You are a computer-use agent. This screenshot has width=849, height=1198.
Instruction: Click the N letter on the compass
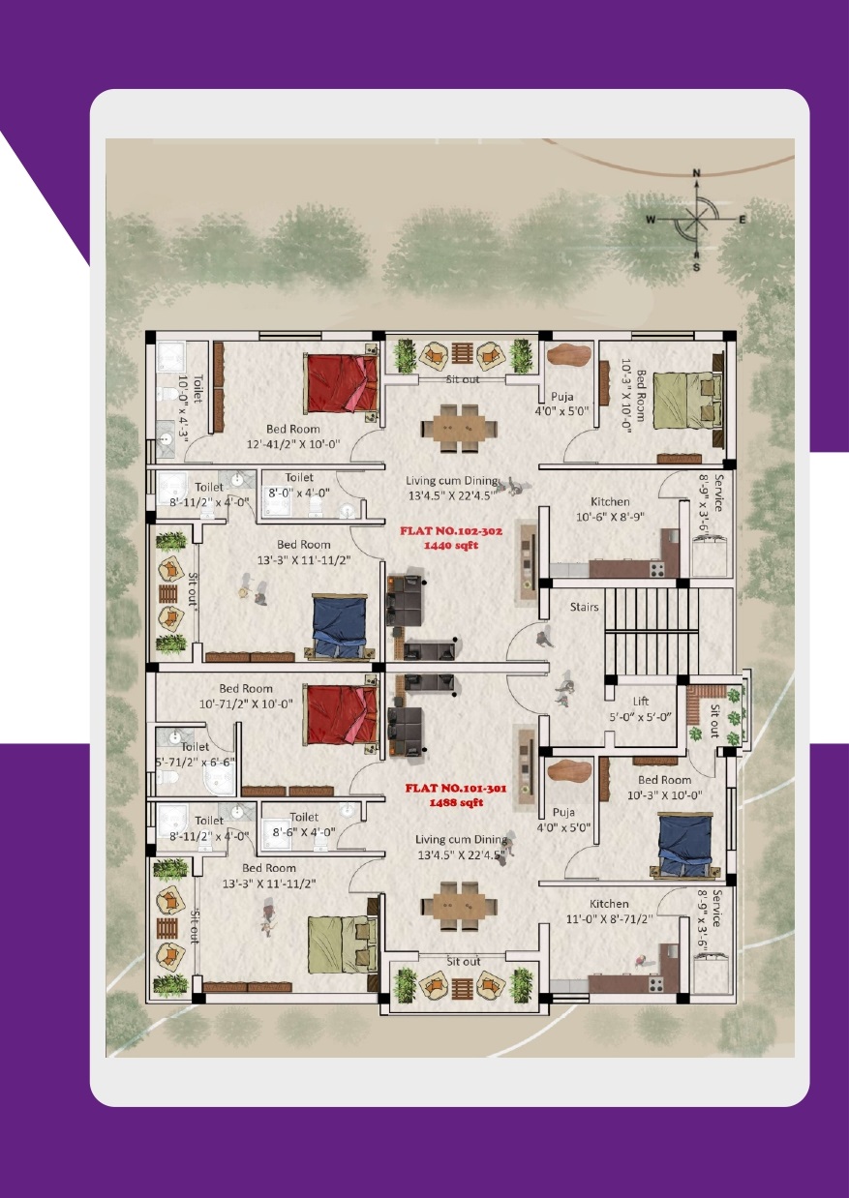[x=696, y=173]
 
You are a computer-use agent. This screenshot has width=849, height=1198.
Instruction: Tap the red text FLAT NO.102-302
[x=451, y=531]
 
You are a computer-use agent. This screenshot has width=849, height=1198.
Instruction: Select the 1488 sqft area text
[x=456, y=802]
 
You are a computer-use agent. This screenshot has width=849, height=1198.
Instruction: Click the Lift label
[x=640, y=702]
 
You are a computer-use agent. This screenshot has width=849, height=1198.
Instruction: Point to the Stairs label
[x=584, y=607]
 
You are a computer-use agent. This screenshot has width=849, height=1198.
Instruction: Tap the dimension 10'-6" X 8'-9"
[x=610, y=517]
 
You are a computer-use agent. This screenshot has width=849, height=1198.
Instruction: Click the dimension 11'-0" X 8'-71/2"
[x=610, y=919]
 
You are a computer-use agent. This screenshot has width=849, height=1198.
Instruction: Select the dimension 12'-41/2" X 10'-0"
[x=293, y=444]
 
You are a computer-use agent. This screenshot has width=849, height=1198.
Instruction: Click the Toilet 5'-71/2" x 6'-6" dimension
[x=195, y=763]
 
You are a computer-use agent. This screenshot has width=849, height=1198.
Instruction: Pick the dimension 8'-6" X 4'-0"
[x=304, y=832]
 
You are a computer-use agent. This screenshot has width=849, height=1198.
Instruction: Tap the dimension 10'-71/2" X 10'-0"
[x=246, y=704]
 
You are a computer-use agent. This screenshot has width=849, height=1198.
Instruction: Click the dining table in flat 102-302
[x=459, y=429]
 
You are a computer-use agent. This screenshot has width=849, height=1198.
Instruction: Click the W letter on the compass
[x=651, y=220]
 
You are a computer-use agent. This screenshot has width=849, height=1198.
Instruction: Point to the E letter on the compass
[x=742, y=220]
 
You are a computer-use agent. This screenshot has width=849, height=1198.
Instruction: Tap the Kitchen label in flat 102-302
[x=610, y=501]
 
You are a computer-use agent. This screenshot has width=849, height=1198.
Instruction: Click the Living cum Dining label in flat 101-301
[x=461, y=840]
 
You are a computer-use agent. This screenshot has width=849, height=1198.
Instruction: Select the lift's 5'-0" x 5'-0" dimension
[x=640, y=717]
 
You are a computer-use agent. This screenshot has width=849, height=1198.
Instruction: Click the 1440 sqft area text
[x=451, y=546]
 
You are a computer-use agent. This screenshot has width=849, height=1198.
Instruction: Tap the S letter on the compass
[x=696, y=267]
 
